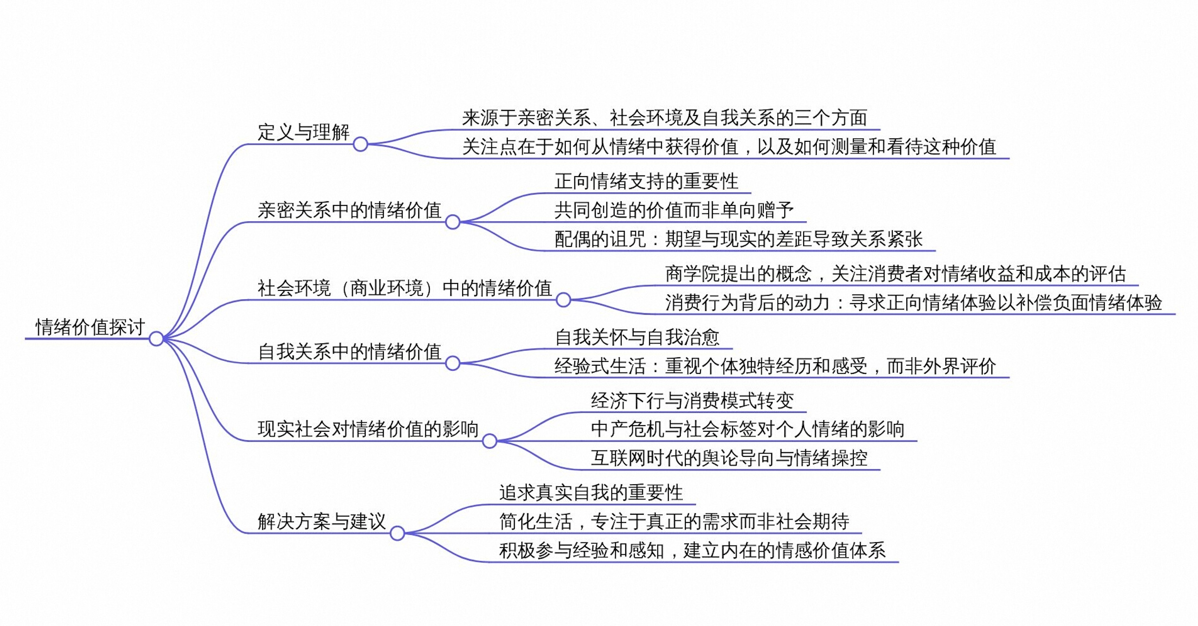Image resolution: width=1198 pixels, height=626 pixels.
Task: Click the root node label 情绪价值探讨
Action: [90, 327]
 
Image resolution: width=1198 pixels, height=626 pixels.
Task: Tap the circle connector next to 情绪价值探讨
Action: [156, 338]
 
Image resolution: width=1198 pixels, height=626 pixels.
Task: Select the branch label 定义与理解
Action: [304, 132]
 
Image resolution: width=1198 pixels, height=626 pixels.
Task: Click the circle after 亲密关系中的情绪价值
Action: [452, 222]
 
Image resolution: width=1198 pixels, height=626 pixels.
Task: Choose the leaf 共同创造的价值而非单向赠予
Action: [674, 210]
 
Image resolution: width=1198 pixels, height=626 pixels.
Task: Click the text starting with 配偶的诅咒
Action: [739, 239]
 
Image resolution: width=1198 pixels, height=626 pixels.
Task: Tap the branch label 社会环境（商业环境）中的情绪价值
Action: [405, 288]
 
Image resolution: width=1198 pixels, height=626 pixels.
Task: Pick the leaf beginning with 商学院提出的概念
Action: [896, 274]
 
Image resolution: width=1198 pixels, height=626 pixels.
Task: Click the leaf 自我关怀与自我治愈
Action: [637, 337]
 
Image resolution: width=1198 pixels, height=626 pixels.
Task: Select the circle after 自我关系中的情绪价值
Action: [452, 363]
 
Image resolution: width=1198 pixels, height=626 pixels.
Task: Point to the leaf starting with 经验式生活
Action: [775, 366]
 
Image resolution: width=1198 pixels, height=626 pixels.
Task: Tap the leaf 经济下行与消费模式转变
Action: [693, 400]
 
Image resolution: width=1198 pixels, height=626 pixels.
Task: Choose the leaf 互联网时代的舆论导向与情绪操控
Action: [729, 458]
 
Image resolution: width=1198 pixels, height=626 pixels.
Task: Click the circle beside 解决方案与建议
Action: [397, 533]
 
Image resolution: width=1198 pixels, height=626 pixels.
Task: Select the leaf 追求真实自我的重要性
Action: [591, 493]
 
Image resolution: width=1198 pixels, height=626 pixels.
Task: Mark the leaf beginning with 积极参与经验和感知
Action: [693, 550]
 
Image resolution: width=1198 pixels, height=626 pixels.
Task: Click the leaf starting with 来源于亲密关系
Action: [665, 117]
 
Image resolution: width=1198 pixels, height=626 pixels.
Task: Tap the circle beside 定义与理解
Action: [360, 144]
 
